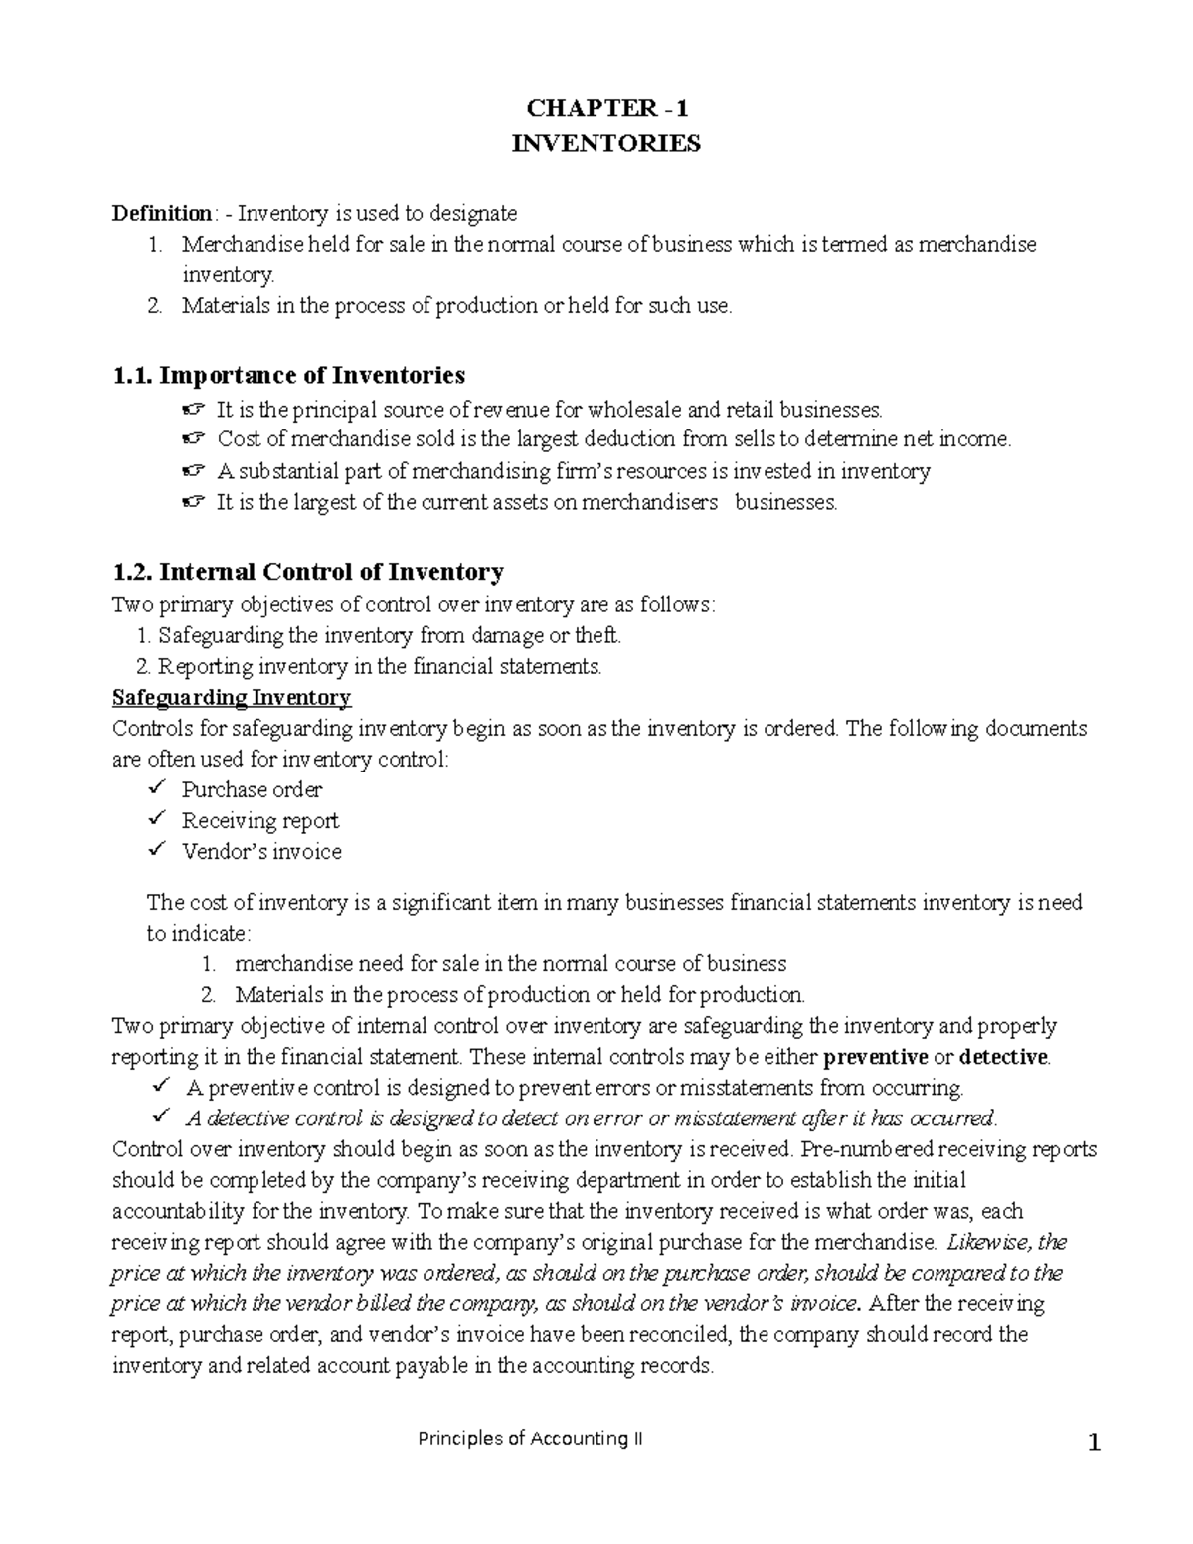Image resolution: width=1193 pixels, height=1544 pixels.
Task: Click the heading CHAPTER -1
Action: (605, 109)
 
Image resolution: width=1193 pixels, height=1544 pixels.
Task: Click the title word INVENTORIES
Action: (605, 144)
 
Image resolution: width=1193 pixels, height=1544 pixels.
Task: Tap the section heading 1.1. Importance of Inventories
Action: (288, 375)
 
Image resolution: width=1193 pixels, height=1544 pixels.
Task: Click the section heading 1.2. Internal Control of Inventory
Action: (308, 572)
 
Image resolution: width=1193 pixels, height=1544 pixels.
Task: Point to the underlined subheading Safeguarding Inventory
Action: (232, 697)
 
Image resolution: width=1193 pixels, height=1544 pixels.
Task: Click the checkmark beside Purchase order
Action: (156, 788)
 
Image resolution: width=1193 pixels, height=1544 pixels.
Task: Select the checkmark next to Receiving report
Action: (156, 819)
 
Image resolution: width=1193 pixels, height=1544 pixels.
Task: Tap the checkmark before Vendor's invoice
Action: (156, 850)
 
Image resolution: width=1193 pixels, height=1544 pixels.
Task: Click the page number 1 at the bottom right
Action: (1095, 1444)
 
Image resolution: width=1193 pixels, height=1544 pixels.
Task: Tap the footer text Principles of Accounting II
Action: (530, 1439)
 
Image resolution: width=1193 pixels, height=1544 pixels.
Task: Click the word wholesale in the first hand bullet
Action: (633, 409)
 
